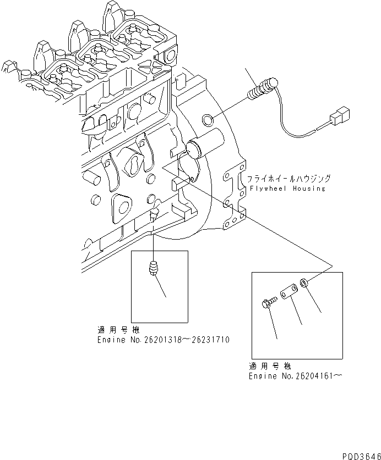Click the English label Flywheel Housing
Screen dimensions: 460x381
pos(286,189)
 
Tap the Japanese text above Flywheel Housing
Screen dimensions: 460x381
pos(289,179)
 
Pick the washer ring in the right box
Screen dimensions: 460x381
pos(303,284)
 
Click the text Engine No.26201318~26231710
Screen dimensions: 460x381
pos(163,340)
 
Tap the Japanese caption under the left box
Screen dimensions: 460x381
pos(118,331)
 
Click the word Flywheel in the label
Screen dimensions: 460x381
pos(266,189)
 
